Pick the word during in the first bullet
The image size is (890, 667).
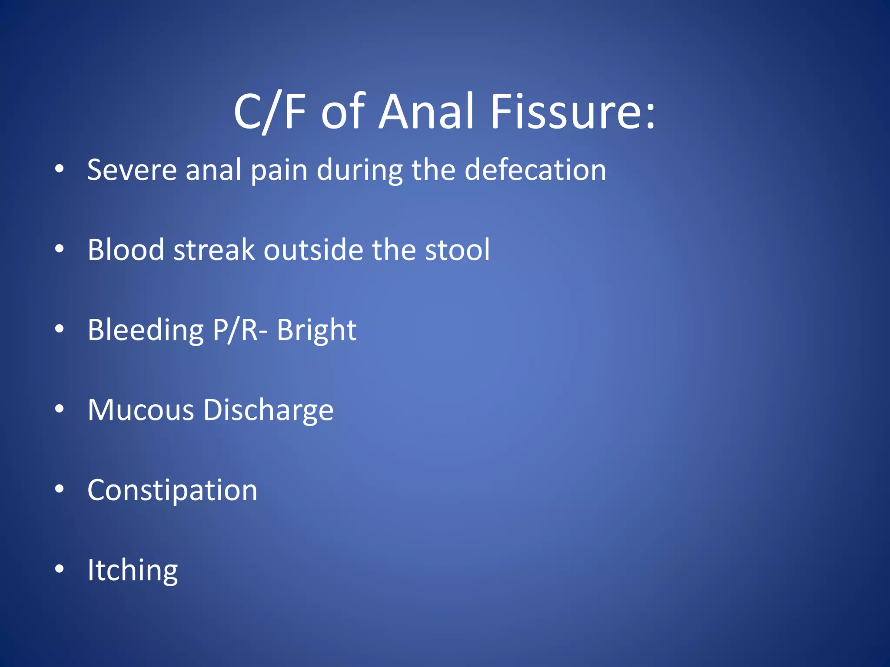(359, 170)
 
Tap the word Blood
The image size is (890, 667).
(126, 250)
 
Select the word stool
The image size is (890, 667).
(457, 250)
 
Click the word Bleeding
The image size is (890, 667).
(146, 330)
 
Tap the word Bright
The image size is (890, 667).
(317, 330)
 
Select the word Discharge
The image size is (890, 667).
(268, 410)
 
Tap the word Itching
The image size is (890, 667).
(133, 571)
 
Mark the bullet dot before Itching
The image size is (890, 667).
(60, 568)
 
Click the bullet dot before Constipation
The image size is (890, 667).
(60, 489)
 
